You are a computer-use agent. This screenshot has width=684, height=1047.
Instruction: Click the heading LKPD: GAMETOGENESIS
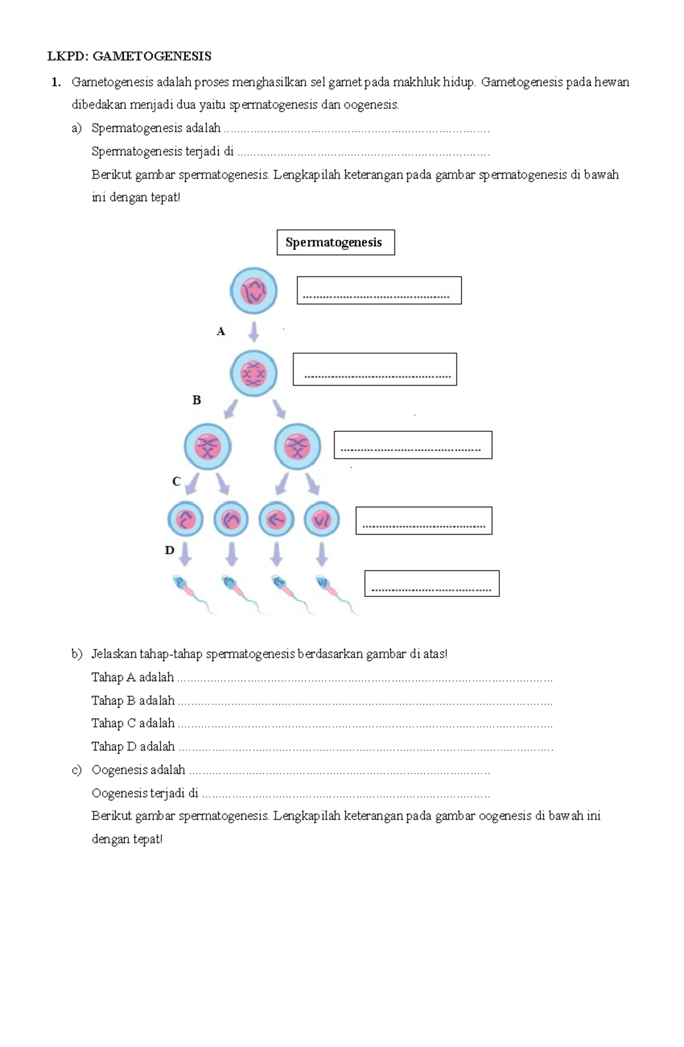(x=129, y=56)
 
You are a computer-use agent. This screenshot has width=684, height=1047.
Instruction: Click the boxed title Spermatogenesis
(x=335, y=242)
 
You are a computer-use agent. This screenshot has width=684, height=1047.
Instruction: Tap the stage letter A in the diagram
(x=221, y=331)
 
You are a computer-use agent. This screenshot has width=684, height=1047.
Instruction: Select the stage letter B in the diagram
(x=197, y=400)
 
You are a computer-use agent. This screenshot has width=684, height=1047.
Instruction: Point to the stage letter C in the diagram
(x=176, y=482)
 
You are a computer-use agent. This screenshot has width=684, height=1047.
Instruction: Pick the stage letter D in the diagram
(x=169, y=551)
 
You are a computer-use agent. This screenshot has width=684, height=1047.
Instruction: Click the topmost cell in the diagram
(x=254, y=291)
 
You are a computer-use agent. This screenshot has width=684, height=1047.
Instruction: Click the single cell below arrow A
(x=254, y=374)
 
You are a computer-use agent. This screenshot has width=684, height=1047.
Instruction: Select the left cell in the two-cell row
(x=207, y=447)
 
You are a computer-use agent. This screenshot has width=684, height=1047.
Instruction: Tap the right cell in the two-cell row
(x=298, y=447)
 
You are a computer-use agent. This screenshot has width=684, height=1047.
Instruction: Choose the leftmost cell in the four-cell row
(x=185, y=519)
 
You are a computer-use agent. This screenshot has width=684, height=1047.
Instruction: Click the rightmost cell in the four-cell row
(x=322, y=519)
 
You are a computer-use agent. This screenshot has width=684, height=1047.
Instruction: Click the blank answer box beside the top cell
(x=379, y=290)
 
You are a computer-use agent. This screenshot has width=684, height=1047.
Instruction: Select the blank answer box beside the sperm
(x=431, y=583)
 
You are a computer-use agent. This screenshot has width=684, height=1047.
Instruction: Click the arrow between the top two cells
(x=254, y=332)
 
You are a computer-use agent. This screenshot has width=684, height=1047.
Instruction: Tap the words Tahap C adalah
(x=133, y=723)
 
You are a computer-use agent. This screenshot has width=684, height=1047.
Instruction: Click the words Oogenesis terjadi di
(x=145, y=793)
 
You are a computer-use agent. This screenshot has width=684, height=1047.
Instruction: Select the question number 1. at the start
(x=56, y=82)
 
